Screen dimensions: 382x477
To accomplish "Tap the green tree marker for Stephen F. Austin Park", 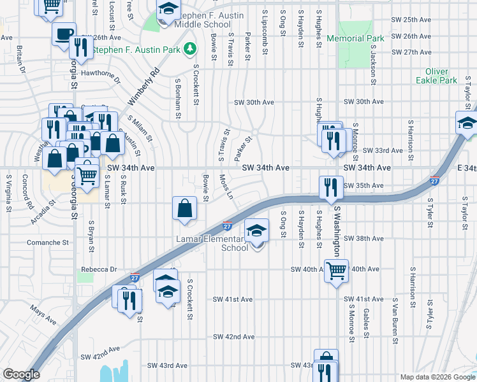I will [189, 48].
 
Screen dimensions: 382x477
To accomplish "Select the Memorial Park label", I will [355, 38].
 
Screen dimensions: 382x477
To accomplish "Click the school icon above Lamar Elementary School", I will [256, 232].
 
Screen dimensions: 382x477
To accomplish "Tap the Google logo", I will [21, 374].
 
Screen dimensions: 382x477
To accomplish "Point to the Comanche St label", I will [47, 243].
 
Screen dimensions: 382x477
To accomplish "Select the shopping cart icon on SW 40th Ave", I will [336, 271].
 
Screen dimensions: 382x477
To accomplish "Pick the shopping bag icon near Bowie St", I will [184, 208].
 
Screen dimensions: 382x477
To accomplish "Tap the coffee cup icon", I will [64, 34].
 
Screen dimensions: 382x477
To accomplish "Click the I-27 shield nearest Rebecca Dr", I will [135, 278].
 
